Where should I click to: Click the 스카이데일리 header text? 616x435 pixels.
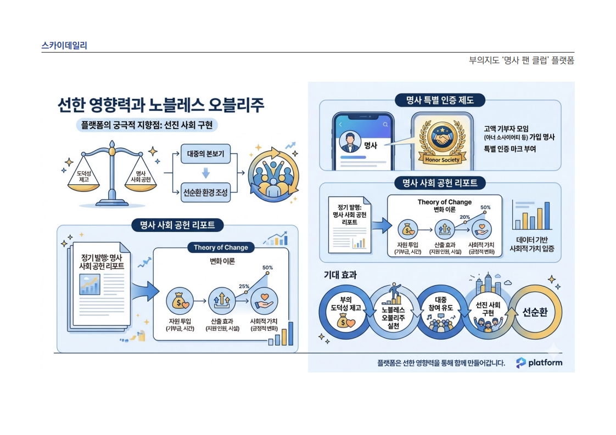64,46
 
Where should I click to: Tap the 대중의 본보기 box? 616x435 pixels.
205,155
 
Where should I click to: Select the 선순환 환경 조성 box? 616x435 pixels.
205,193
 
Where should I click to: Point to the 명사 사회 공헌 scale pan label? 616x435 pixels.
142,176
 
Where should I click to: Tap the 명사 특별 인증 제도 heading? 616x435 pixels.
439,100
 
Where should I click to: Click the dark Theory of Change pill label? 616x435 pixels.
221,247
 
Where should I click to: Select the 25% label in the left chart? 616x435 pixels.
244,286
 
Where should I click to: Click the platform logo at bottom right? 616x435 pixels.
539,363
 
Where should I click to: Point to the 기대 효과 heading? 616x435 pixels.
340,275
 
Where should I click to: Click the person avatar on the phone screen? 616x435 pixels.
348,143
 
